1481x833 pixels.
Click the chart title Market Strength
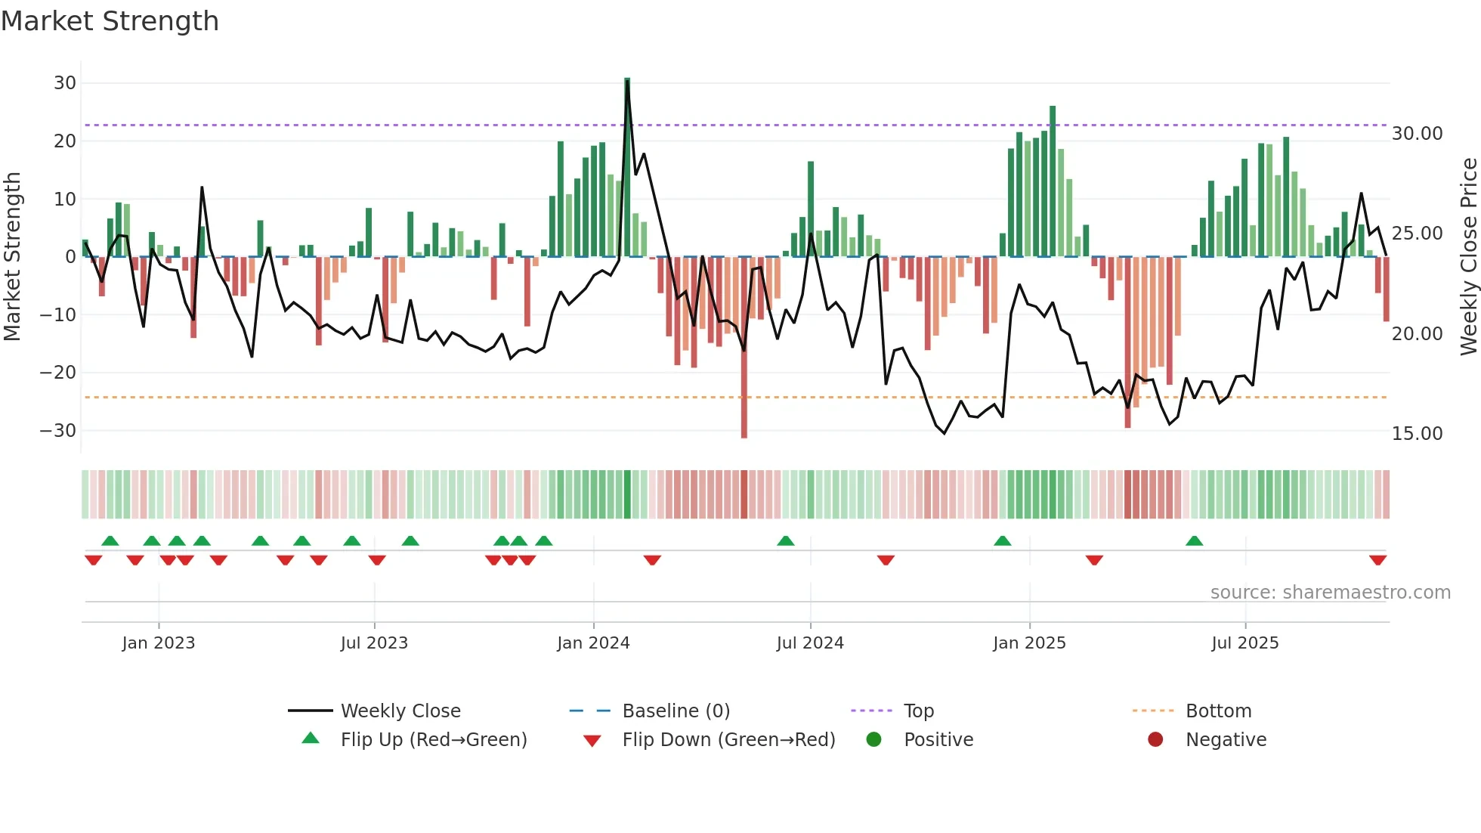110,21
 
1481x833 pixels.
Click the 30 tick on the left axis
65,83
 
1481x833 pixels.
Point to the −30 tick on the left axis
59,431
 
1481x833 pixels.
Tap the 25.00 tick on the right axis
1417,234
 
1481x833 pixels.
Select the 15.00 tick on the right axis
1417,434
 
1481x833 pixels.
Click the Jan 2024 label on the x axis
593,643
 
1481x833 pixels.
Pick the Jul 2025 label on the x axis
1244,643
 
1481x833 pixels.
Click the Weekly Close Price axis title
1468,257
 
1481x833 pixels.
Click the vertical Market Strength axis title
13,257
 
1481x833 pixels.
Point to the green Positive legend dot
874,740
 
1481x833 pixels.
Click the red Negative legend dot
1155,740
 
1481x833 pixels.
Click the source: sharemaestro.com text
1330,593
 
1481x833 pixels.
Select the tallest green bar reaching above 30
627,166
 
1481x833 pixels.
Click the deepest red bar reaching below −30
744,348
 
